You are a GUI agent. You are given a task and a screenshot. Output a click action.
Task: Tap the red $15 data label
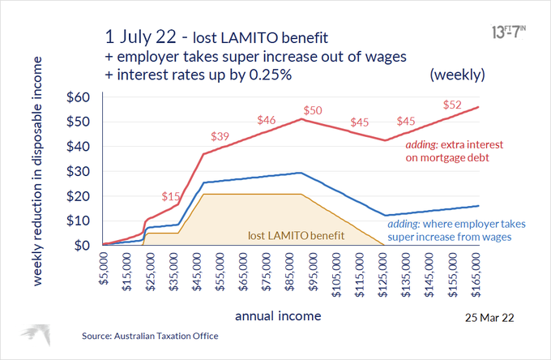170,197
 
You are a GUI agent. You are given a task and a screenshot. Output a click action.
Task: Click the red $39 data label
220,136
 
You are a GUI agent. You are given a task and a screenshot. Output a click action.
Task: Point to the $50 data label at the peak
313,110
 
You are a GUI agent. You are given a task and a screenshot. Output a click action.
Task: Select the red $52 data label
453,105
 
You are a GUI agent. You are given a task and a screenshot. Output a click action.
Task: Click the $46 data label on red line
266,121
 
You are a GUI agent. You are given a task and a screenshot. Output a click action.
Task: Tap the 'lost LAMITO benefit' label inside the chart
297,236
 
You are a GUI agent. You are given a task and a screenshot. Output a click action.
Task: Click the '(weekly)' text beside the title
457,74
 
